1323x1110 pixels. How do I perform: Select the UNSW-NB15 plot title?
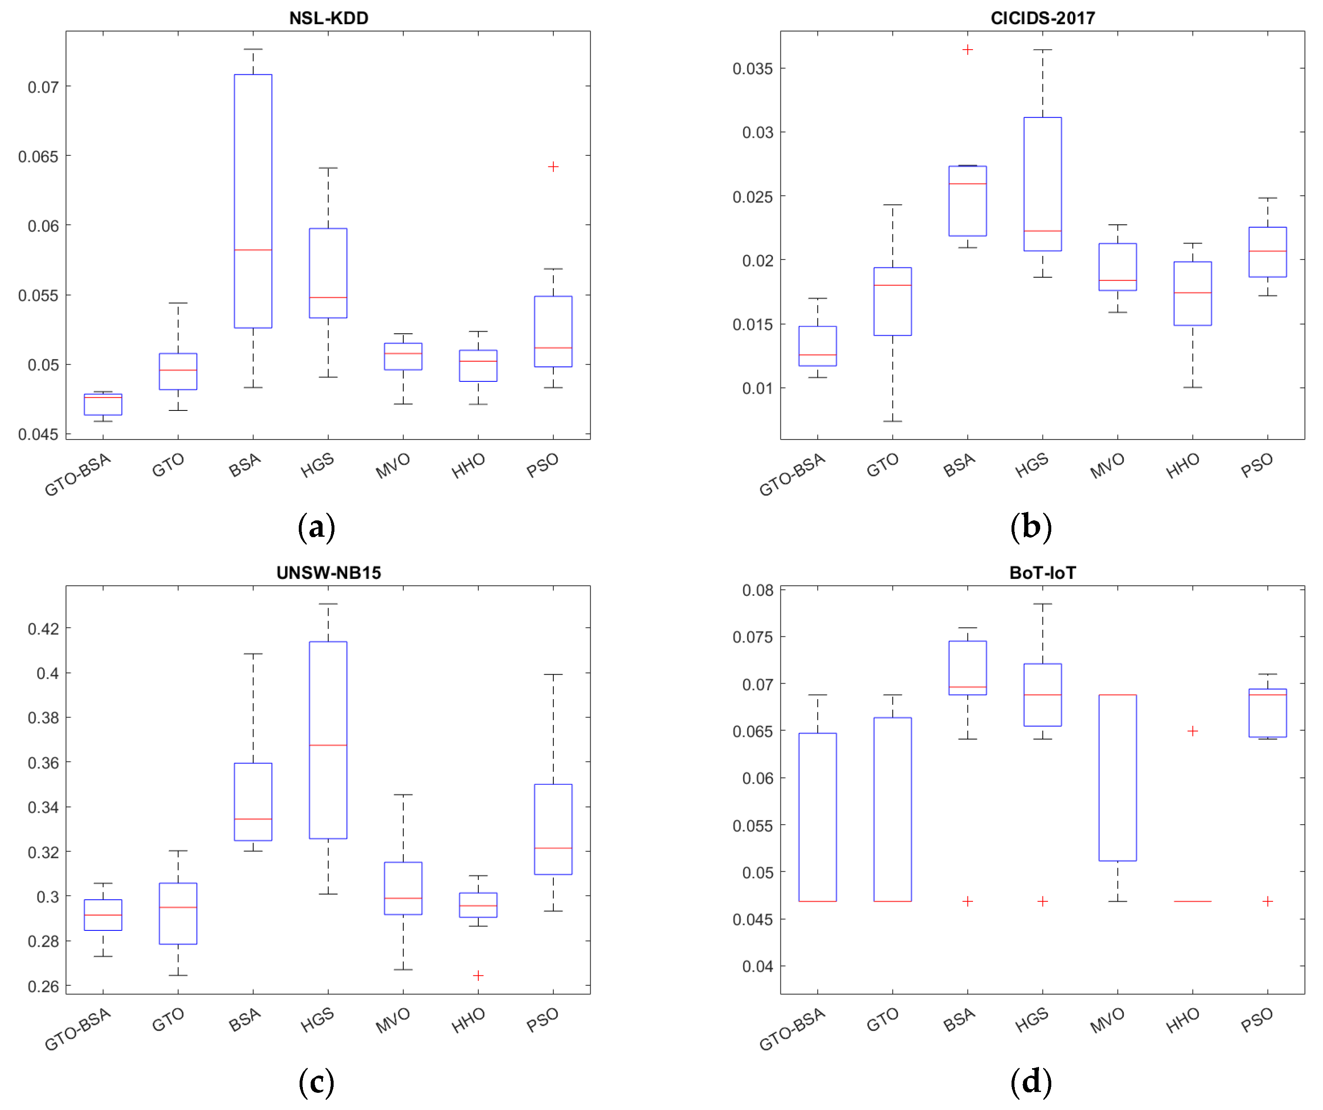pos(328,572)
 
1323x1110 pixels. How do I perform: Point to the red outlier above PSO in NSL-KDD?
pos(553,166)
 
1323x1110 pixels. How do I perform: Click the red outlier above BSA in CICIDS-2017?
pos(967,49)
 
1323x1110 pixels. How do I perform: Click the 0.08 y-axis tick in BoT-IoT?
pos(757,590)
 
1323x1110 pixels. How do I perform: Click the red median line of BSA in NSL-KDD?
pos(253,250)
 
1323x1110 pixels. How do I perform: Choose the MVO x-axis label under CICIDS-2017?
pos(1107,465)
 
